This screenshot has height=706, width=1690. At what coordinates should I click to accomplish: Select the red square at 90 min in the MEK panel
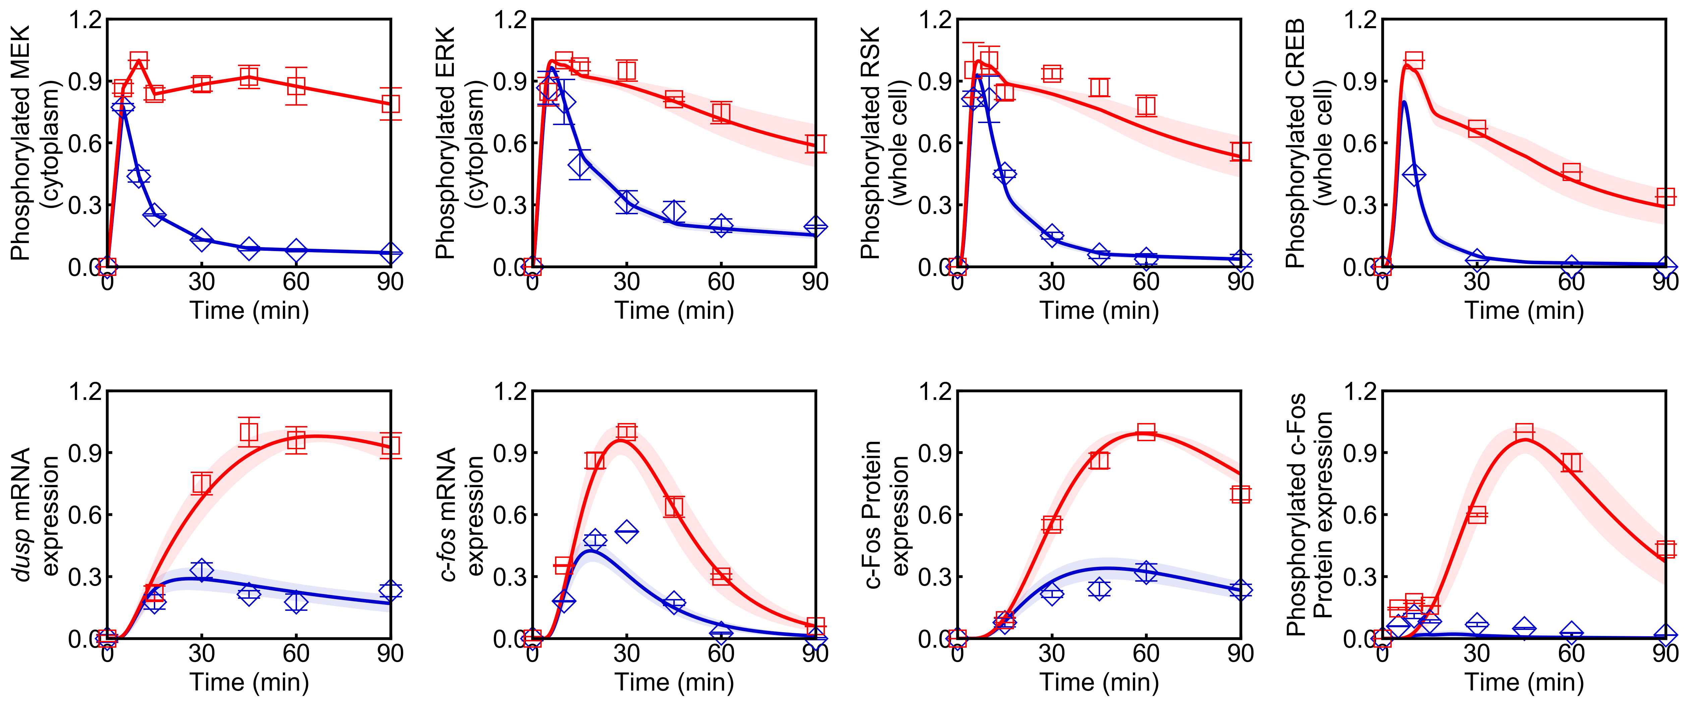(390, 104)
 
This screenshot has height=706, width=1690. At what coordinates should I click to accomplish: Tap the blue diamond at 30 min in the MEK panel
(201, 239)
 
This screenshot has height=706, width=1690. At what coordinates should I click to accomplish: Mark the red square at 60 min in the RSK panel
(1146, 105)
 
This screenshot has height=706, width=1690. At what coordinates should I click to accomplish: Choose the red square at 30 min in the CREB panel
(1477, 129)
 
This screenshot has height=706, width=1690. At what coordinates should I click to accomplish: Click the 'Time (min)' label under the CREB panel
(1524, 310)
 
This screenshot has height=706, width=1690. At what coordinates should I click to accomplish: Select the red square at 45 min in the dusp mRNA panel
(249, 432)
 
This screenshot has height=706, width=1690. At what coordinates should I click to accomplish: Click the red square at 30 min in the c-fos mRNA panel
(626, 432)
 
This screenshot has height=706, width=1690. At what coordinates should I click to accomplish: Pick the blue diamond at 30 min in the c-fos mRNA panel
(626, 531)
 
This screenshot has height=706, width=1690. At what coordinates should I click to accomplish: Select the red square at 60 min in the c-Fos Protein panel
(1146, 432)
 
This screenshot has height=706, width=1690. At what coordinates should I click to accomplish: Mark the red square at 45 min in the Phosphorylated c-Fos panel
(1524, 432)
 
